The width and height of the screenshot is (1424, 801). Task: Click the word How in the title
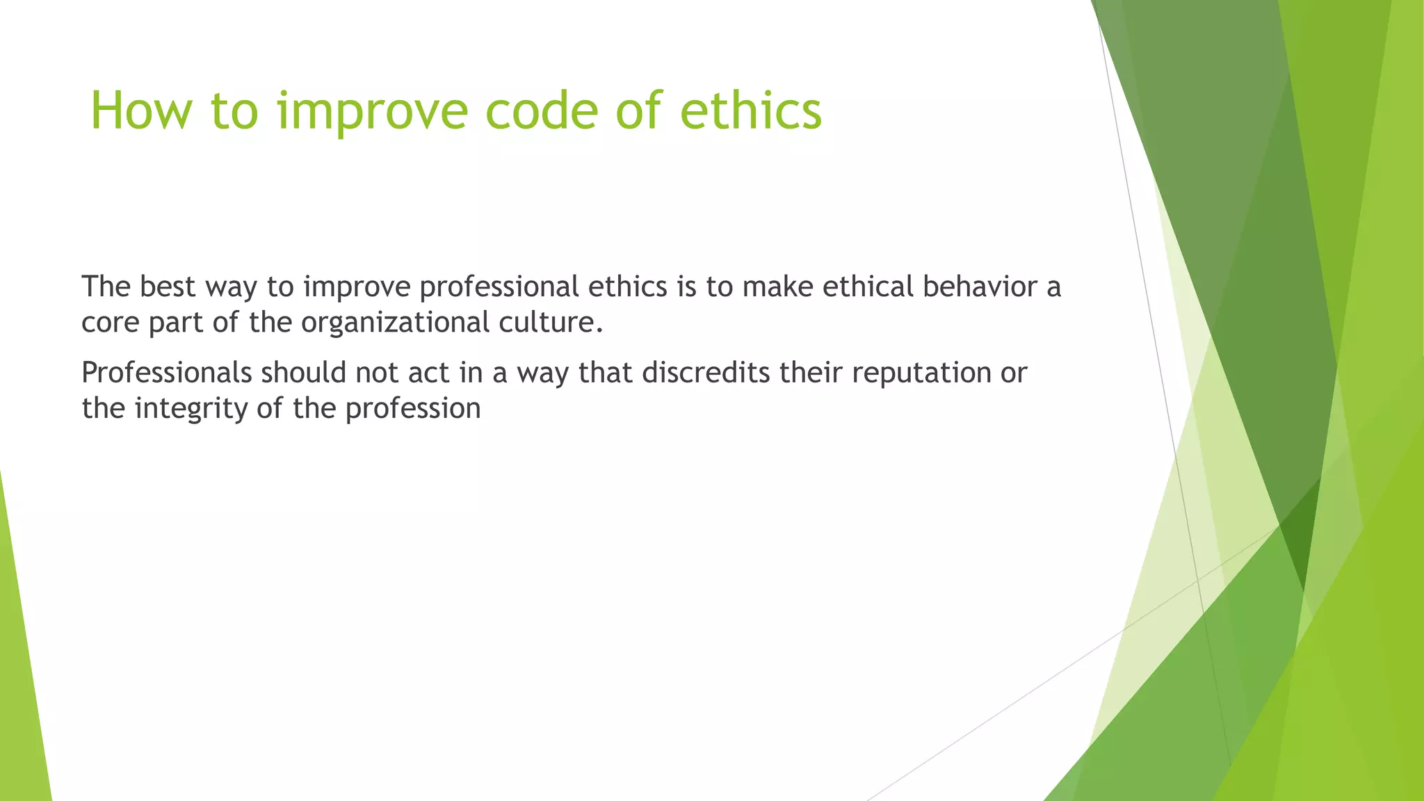point(140,111)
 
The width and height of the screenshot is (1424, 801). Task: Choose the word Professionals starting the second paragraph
point(166,373)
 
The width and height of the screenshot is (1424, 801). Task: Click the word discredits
point(705,373)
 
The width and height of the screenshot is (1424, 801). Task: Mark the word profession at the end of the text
point(412,409)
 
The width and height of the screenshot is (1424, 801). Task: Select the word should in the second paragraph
point(303,373)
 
